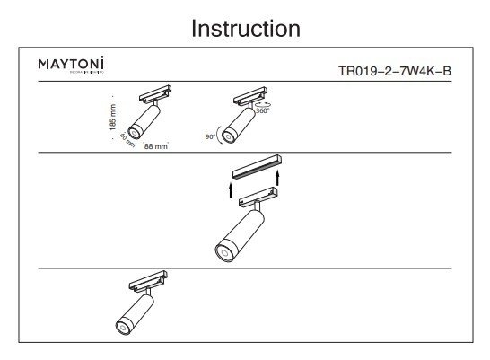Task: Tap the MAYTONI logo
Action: [72, 66]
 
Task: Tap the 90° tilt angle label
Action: [211, 137]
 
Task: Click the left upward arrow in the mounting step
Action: [231, 189]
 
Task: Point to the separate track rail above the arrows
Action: [257, 165]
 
